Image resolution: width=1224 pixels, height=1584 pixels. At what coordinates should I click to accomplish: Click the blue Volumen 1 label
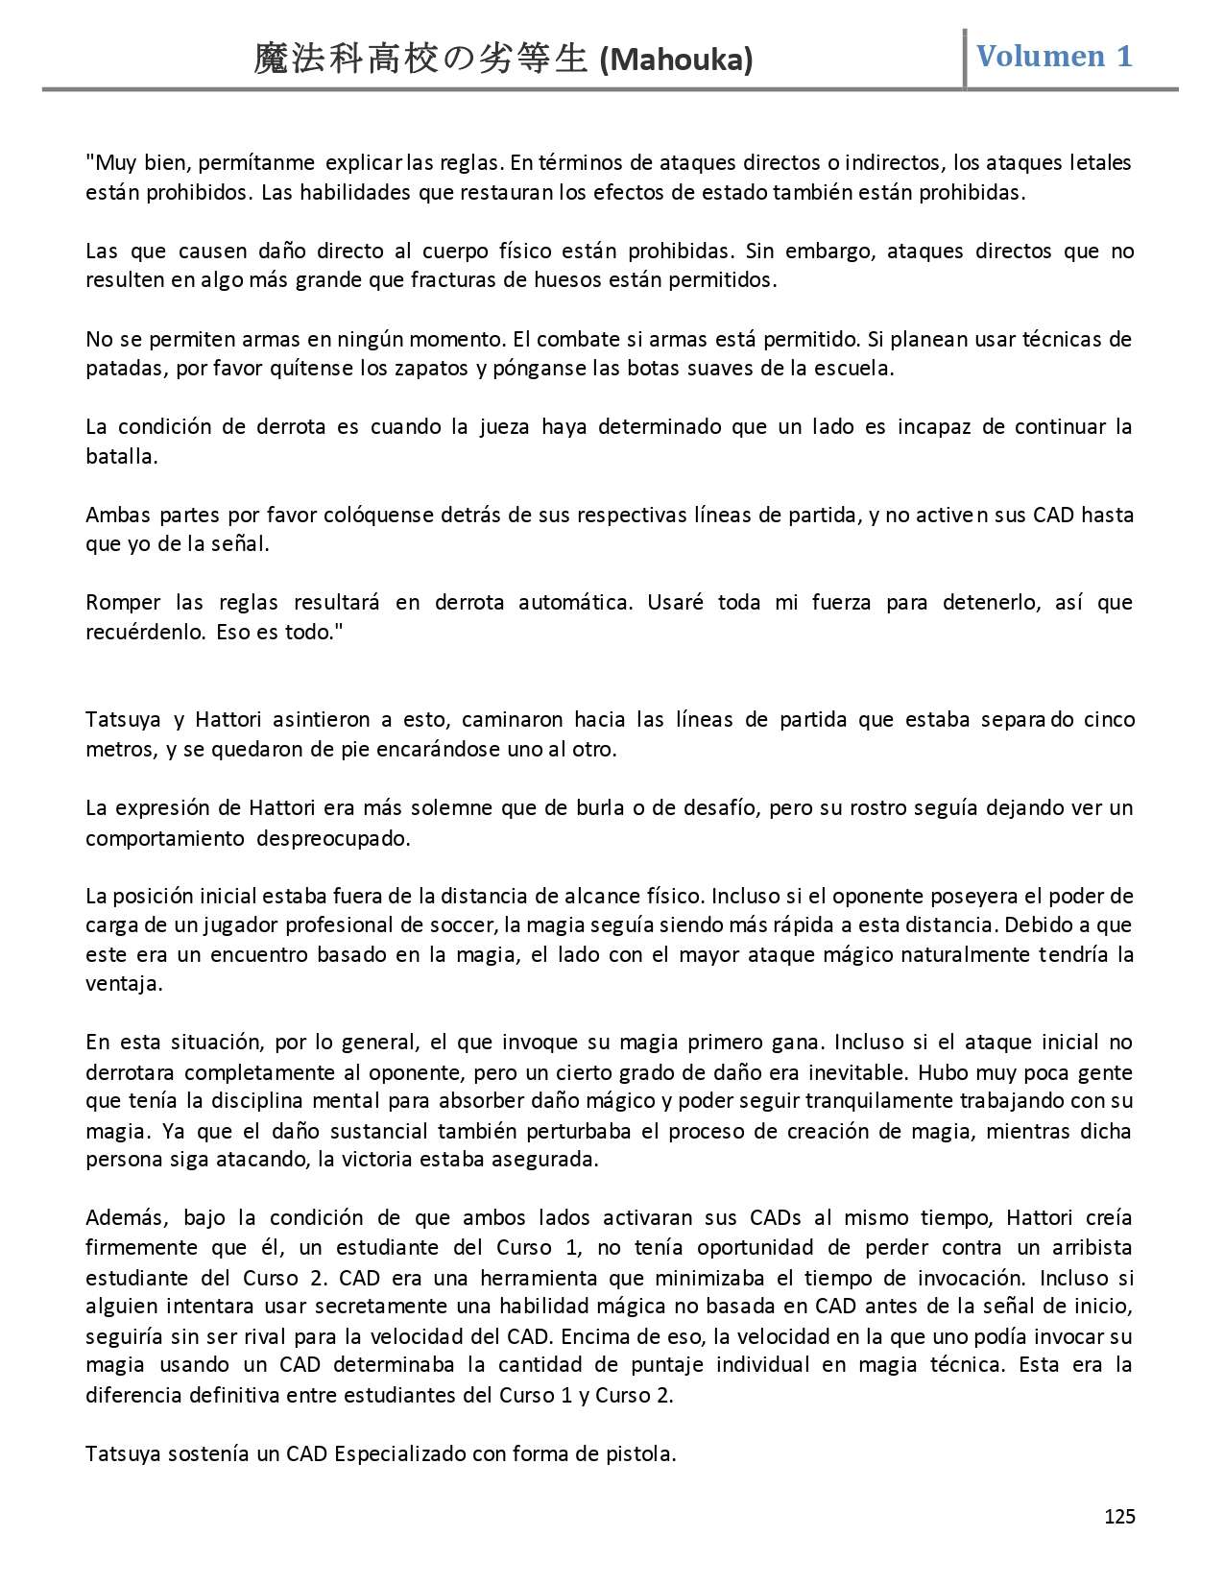point(1054,56)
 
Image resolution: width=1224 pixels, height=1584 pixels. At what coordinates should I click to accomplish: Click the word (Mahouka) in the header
point(676,60)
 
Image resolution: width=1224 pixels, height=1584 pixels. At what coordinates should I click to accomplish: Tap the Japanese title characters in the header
point(420,60)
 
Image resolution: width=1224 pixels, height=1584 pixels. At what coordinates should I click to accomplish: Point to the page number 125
point(1119,1516)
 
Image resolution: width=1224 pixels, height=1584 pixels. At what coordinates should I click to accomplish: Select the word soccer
point(463,925)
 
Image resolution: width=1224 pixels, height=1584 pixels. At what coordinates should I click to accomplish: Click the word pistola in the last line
point(643,1453)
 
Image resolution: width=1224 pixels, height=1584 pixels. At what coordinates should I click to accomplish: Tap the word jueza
point(504,427)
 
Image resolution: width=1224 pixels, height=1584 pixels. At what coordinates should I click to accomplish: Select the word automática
point(575,603)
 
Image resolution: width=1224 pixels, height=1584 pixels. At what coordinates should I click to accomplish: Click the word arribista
point(1088,1248)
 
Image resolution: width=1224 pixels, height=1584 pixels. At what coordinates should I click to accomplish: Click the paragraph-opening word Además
point(127,1218)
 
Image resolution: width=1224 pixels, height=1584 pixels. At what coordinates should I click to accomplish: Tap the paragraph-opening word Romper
point(123,603)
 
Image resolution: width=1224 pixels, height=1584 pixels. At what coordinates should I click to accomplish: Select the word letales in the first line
point(1100,163)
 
